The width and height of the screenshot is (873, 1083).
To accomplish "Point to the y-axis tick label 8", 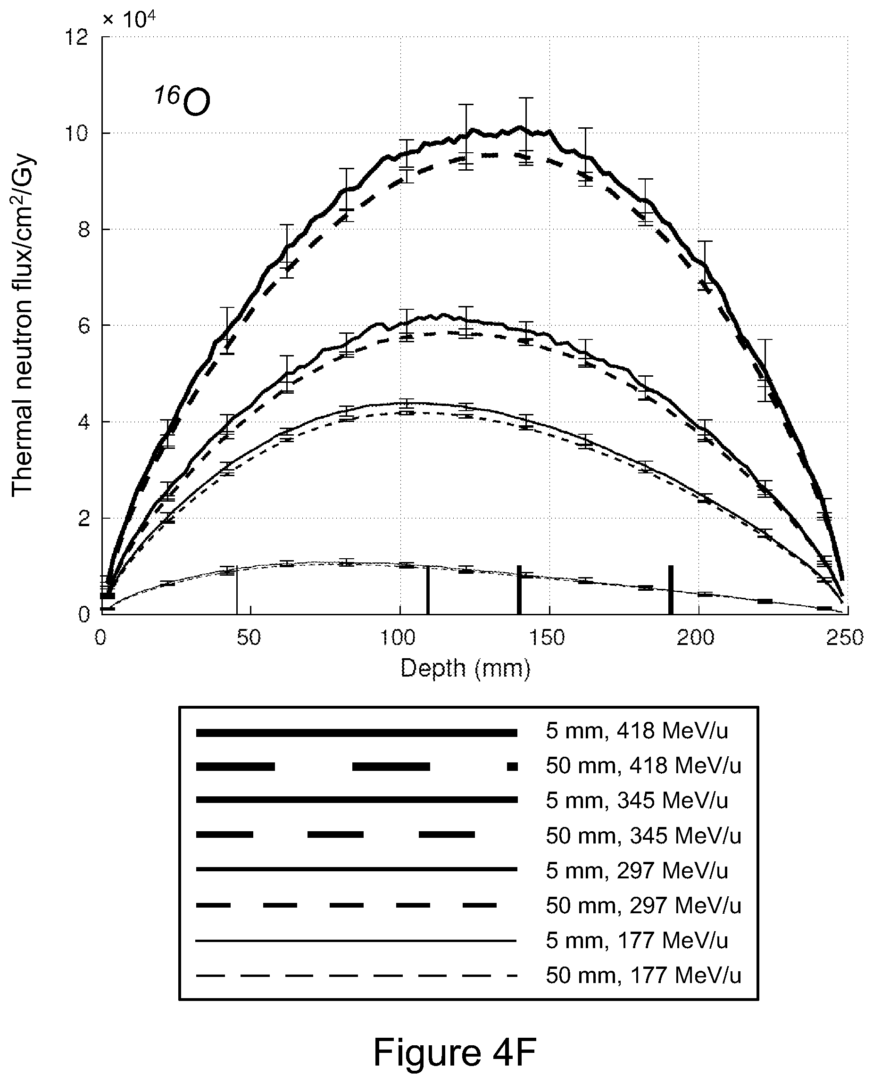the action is click(83, 230).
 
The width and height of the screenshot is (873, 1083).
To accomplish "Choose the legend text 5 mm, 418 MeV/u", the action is click(637, 731).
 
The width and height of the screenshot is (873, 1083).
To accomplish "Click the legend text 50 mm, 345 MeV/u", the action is click(644, 835).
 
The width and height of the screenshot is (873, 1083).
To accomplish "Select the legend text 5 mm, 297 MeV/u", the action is click(637, 870).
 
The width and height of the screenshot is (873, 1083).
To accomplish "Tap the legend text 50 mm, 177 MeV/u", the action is click(644, 975).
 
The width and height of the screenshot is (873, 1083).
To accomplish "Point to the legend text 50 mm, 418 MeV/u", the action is click(644, 766).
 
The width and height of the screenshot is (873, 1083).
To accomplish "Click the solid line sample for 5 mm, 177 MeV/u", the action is click(356, 940).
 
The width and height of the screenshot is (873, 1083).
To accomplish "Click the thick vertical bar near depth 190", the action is click(671, 590).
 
